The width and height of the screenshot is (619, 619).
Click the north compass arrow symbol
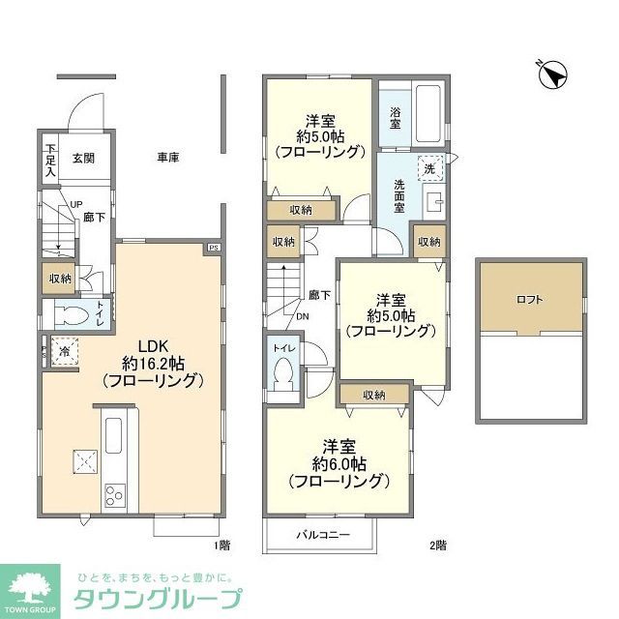(x=552, y=74)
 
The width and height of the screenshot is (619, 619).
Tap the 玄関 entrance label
(x=83, y=157)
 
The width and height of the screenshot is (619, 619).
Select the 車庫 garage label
(x=169, y=157)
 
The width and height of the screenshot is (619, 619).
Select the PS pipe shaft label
(x=212, y=249)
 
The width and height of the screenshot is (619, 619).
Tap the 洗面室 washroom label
(x=398, y=197)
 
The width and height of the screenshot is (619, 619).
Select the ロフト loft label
(x=530, y=299)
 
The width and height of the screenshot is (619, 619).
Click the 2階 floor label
(x=436, y=545)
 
